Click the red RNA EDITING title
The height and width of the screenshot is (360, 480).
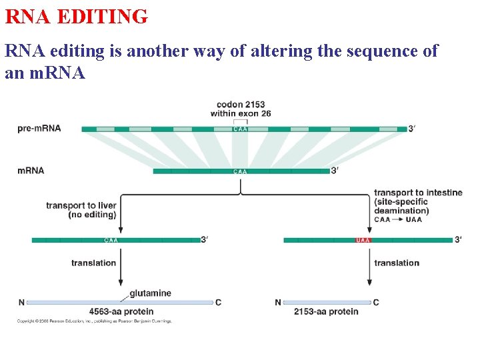pos(76,16)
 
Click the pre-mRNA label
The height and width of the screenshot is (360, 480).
pos(39,128)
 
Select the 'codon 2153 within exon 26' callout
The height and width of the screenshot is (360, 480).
pos(241,109)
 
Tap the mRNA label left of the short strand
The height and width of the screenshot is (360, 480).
pos(31,171)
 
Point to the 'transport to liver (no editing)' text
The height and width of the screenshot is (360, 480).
pos(81,210)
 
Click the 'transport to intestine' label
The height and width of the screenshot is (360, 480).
pos(418,193)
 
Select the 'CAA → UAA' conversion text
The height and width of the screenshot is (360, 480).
pos(398,219)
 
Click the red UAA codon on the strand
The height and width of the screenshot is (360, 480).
pos(363,240)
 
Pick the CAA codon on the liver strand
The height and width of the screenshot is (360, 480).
pos(111,240)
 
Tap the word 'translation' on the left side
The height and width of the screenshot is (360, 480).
pos(93,263)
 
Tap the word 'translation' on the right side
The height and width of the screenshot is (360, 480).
pos(397,263)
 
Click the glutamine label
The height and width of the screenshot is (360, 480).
pos(150,293)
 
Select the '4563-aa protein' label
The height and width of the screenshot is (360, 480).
pos(121,311)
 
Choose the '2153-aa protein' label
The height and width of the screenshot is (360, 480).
pos(326,311)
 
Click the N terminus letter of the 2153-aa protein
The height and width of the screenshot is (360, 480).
pos(277,303)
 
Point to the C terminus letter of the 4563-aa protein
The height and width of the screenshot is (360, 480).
pos(219,303)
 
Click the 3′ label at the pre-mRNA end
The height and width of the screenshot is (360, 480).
pos(412,128)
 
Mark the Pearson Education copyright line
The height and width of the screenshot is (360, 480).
pos(95,321)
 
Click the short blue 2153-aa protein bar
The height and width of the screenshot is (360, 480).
pos(327,303)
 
